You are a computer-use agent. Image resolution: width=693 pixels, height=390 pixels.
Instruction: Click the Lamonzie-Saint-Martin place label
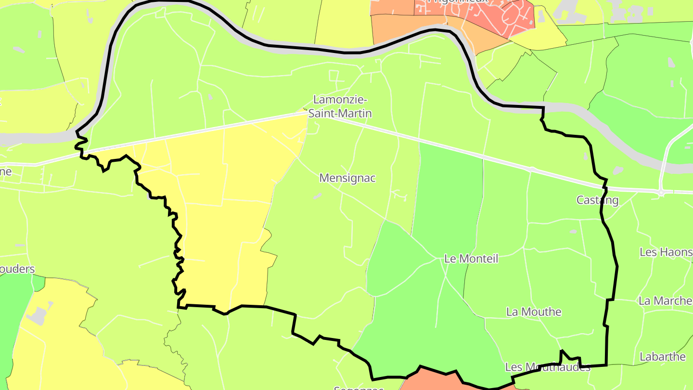pyautogui.click(x=340, y=106)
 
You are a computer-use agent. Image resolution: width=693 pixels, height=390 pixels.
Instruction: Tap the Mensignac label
pyautogui.click(x=347, y=178)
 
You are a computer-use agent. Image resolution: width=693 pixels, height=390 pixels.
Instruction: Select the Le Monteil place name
pyautogui.click(x=471, y=259)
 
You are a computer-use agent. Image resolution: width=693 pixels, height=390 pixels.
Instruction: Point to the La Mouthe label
pyautogui.click(x=534, y=312)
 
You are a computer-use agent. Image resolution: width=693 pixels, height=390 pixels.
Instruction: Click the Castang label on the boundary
pyautogui.click(x=597, y=200)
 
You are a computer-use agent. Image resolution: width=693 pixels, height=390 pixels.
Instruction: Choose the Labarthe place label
pyautogui.click(x=662, y=357)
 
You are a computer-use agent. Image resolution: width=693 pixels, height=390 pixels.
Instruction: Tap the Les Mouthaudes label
pyautogui.click(x=547, y=367)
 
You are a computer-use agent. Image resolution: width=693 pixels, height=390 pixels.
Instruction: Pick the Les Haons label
pyautogui.click(x=666, y=252)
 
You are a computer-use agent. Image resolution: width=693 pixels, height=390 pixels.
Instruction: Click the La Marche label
pyautogui.click(x=665, y=300)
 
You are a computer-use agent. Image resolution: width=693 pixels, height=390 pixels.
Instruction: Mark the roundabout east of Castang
pyautogui.click(x=661, y=193)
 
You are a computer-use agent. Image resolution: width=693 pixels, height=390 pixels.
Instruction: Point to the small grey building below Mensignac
pyautogui.click(x=317, y=196)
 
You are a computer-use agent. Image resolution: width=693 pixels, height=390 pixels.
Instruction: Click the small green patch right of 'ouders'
pyautogui.click(x=38, y=283)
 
